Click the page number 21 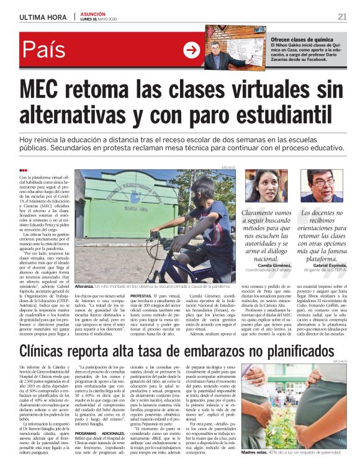tap(342, 16)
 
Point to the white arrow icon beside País tap(191, 50)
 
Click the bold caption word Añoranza tap(84, 287)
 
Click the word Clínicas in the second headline tap(53, 350)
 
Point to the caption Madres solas tap(256, 453)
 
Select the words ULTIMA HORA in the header tap(43, 17)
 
